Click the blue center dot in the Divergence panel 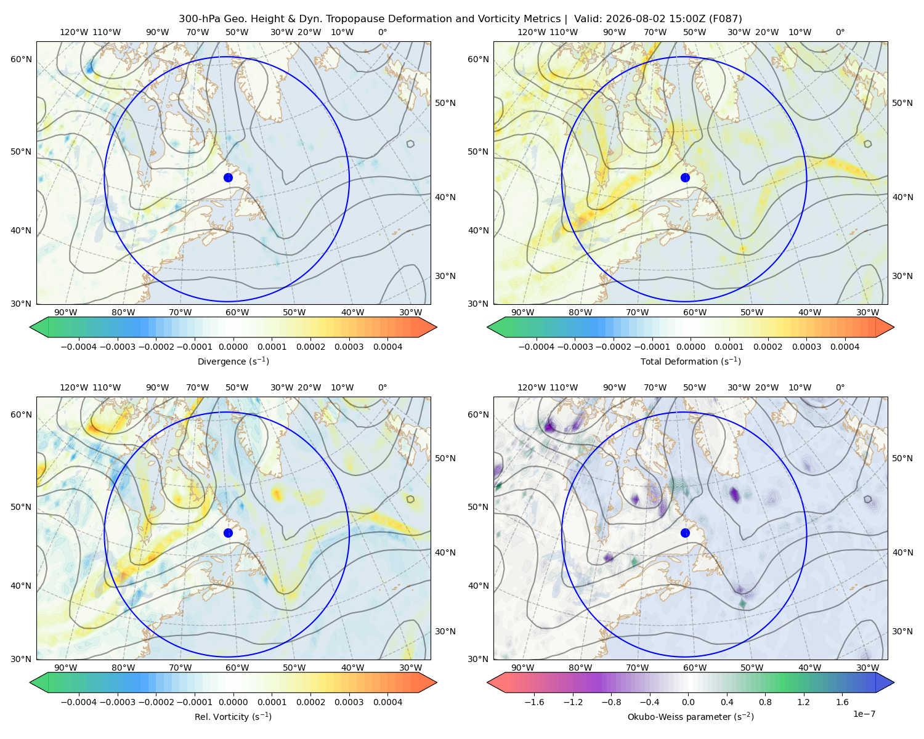click(x=228, y=177)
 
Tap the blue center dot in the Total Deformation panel click(x=685, y=177)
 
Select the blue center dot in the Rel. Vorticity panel click(x=228, y=533)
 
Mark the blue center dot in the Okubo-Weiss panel click(x=685, y=533)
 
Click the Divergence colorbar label click(x=233, y=361)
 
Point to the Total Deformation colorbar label click(x=691, y=361)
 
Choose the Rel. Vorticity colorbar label click(x=233, y=716)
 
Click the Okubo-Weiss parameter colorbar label click(x=691, y=716)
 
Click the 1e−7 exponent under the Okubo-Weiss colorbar click(x=864, y=714)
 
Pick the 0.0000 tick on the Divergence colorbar click(x=233, y=347)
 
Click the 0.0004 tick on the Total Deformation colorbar click(x=845, y=347)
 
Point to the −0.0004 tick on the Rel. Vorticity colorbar click(x=79, y=702)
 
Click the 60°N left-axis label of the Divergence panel click(x=21, y=59)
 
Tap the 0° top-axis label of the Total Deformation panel click(x=840, y=32)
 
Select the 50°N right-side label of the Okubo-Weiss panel click(x=902, y=458)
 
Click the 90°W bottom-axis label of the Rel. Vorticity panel click(x=66, y=668)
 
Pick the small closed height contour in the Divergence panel click(x=410, y=144)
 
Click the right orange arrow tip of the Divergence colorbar click(x=436, y=327)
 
